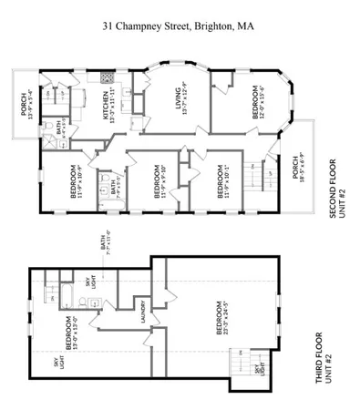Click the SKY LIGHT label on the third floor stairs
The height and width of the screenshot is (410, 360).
point(259,366)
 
